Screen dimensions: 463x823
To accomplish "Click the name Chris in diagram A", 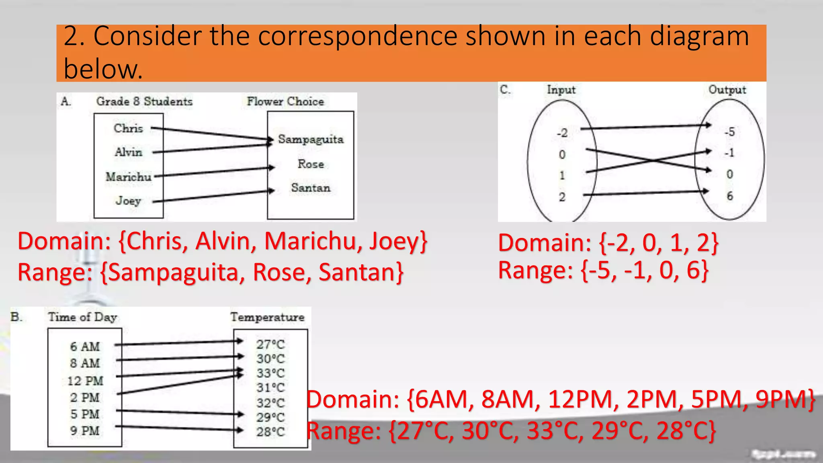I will point(128,128).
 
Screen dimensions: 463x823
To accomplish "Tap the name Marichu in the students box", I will point(128,177).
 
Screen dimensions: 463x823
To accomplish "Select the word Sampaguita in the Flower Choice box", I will point(311,139).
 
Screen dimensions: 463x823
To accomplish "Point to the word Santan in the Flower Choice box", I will point(311,188).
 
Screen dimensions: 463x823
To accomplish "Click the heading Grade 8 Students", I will point(144,101).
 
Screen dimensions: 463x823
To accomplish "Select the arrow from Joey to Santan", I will point(213,196).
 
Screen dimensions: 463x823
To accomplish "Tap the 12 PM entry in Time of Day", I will point(85,381).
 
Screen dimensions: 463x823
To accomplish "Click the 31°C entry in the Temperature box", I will point(270,388).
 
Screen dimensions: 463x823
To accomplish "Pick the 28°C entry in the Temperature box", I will point(270,432).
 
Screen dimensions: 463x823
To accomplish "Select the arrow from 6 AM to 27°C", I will point(179,343).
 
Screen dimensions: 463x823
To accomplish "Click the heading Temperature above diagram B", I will point(267,317).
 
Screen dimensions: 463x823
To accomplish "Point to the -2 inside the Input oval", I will point(562,133).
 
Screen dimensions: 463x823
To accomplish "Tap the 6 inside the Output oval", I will point(730,196).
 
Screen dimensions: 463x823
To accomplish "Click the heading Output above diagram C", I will point(727,90).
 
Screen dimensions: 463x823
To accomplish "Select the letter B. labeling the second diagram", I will point(16,317).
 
